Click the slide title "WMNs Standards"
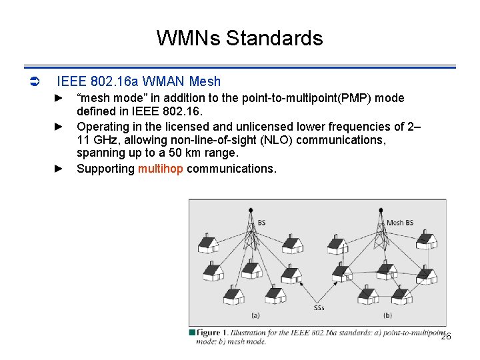239,38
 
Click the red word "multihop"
160,169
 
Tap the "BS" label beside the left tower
261,223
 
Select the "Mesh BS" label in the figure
400,223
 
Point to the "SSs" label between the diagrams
319,308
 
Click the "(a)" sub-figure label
255,315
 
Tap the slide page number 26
446,337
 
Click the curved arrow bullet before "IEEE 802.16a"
36,82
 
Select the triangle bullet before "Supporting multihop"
58,169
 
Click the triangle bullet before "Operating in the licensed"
58,126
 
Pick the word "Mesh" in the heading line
205,82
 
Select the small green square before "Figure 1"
192,332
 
